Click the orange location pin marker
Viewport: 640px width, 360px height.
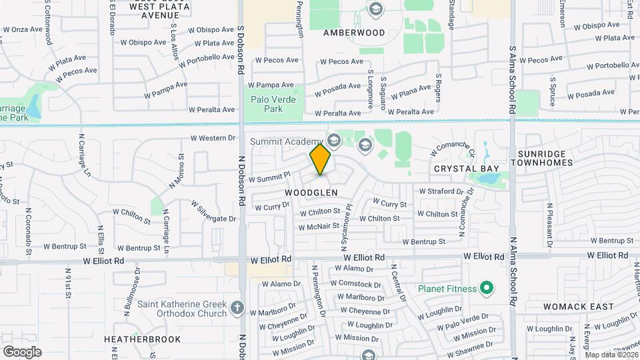[321, 159]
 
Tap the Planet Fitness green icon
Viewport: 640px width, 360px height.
[487, 289]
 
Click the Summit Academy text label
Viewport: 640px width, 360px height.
[286, 141]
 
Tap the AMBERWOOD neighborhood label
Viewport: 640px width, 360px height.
[353, 32]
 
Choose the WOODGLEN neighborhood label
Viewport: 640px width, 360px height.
[311, 192]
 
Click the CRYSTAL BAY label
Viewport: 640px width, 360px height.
[462, 169]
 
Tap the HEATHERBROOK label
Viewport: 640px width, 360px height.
[142, 339]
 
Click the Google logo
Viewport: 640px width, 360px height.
[22, 351]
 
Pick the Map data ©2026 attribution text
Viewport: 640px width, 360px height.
[611, 355]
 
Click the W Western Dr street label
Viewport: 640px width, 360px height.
[213, 139]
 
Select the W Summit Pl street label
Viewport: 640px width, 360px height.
[269, 177]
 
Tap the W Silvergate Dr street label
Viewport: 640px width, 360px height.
[213, 211]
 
